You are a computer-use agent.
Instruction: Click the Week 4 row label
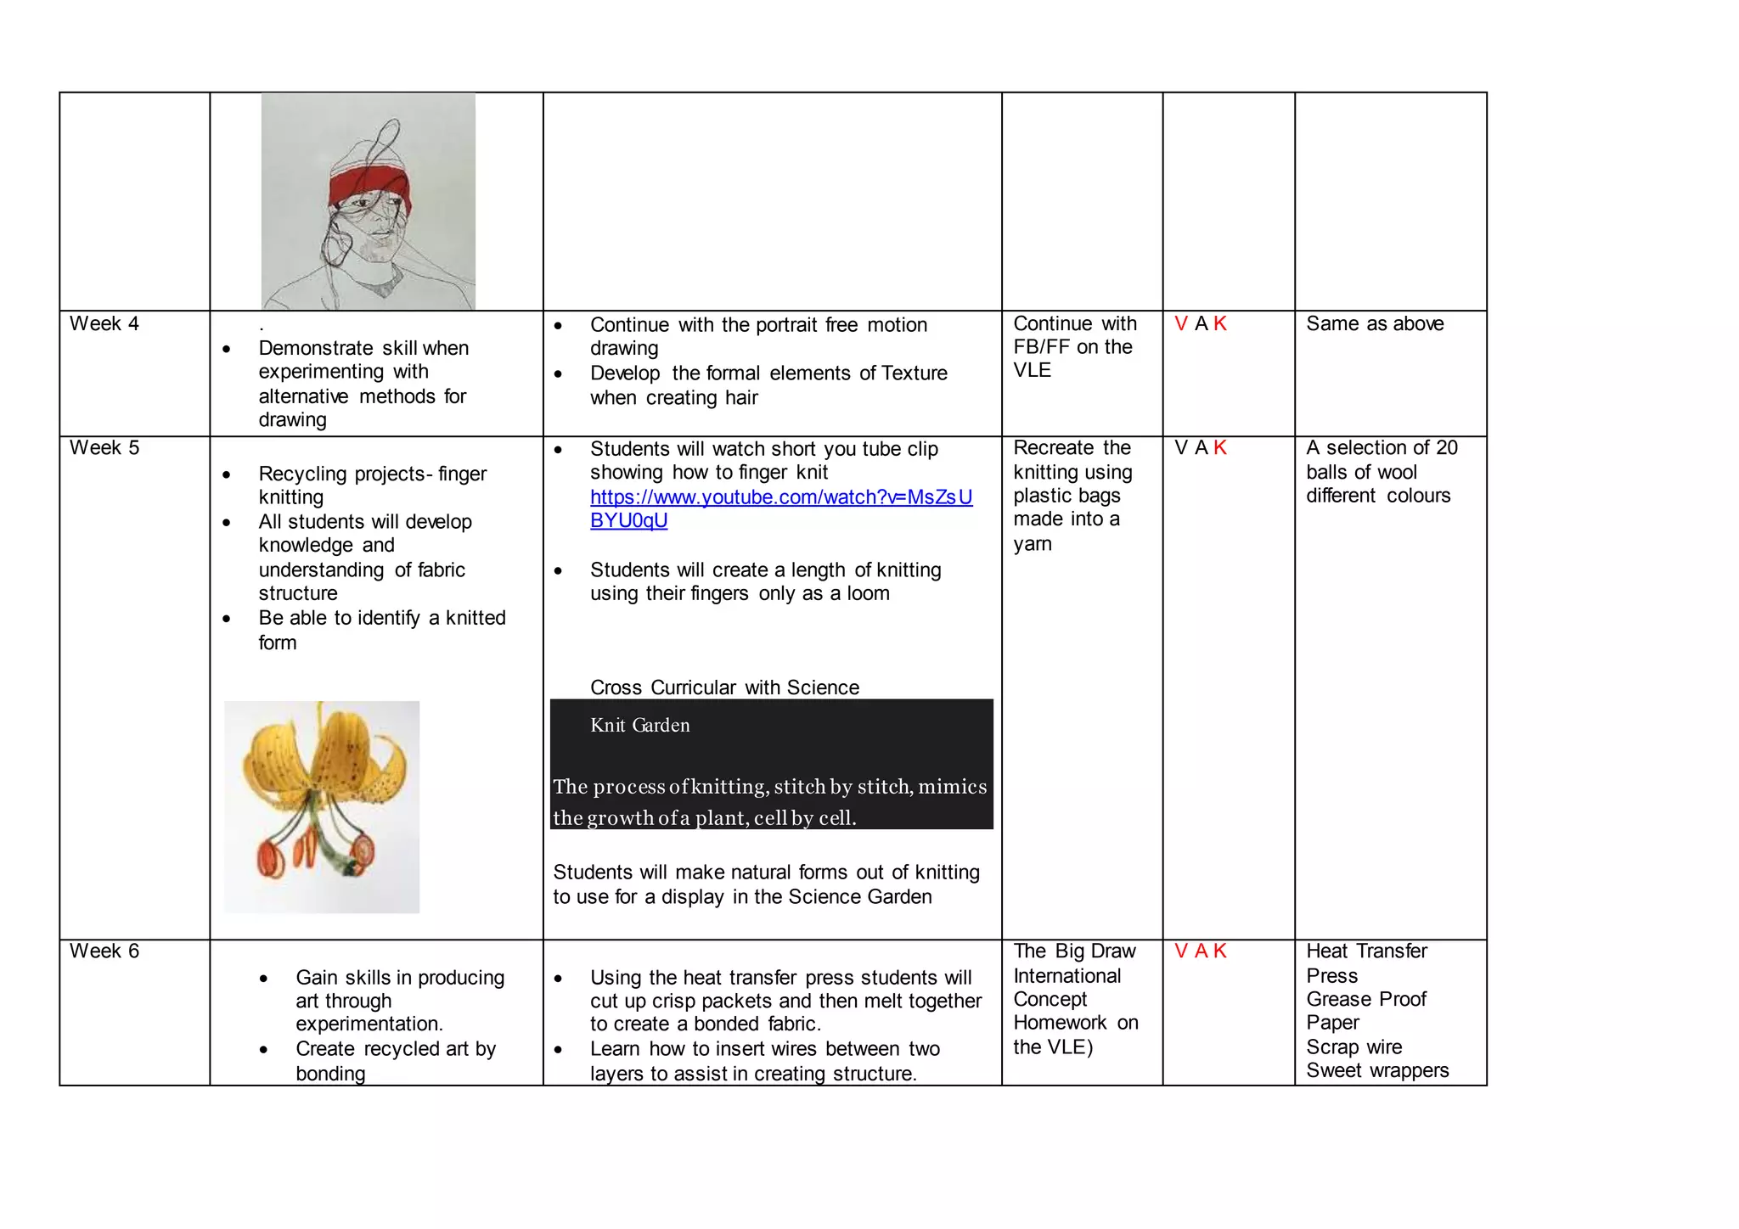pyautogui.click(x=104, y=323)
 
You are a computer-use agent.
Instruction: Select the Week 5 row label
pyautogui.click(x=104, y=447)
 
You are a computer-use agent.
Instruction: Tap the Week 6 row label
pyautogui.click(x=104, y=951)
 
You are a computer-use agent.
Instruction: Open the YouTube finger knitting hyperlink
pyautogui.click(x=780, y=497)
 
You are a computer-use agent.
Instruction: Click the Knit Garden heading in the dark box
pyautogui.click(x=639, y=725)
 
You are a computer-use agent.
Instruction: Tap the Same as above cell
pyautogui.click(x=1374, y=323)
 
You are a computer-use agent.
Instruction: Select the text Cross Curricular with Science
pyautogui.click(x=724, y=687)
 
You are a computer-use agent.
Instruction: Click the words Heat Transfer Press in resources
pyautogui.click(x=1365, y=962)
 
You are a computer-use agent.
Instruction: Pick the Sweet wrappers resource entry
pyautogui.click(x=1376, y=1070)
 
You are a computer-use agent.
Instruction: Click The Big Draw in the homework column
pyautogui.click(x=1074, y=951)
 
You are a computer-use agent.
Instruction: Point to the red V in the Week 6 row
pyautogui.click(x=1180, y=951)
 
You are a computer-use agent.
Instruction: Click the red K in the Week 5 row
pyautogui.click(x=1220, y=447)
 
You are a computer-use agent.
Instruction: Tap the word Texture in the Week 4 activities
pyautogui.click(x=914, y=373)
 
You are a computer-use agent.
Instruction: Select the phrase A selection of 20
pyautogui.click(x=1382, y=447)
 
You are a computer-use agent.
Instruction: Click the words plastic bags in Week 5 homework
pyautogui.click(x=1066, y=496)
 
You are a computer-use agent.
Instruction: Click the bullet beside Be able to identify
pyautogui.click(x=227, y=619)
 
